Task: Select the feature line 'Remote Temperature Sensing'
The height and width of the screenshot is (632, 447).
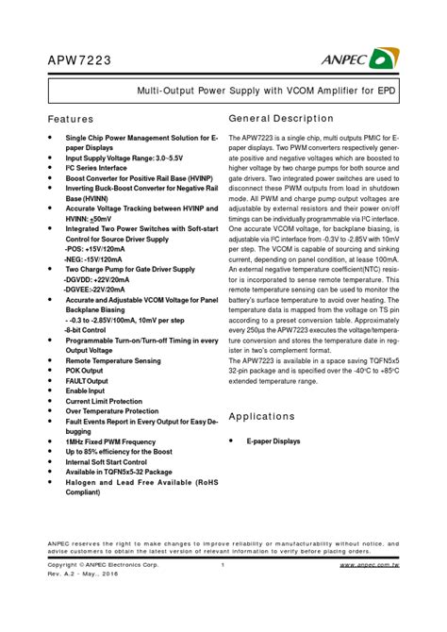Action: (x=112, y=360)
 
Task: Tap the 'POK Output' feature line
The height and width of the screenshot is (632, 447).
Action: (x=87, y=371)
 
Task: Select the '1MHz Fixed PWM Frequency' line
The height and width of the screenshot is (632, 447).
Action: (x=110, y=441)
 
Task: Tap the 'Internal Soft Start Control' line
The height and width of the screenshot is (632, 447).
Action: (x=106, y=462)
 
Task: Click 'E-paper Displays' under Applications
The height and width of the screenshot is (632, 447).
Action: (x=273, y=441)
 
